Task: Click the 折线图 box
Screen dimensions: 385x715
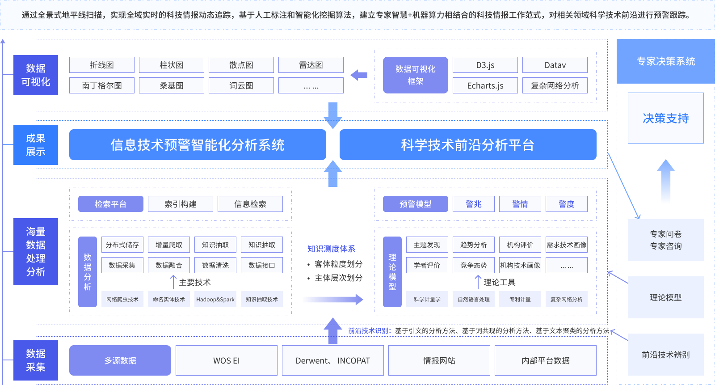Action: pyautogui.click(x=102, y=65)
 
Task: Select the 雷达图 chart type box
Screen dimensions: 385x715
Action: pyautogui.click(x=311, y=65)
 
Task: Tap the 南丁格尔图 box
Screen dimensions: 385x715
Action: pyautogui.click(x=102, y=85)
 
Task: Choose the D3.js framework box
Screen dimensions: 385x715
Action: pyautogui.click(x=485, y=65)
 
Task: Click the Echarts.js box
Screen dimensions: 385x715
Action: pyautogui.click(x=485, y=85)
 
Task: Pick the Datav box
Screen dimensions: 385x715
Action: pyautogui.click(x=555, y=65)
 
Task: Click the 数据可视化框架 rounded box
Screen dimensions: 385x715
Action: pyautogui.click(x=416, y=75)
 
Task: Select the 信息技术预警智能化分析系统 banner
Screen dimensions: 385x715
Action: pyautogui.click(x=198, y=145)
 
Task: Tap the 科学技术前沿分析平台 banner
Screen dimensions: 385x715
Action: pyautogui.click(x=468, y=145)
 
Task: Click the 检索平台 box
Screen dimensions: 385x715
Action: pyautogui.click(x=111, y=204)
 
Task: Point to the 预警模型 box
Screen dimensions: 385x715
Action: pyautogui.click(x=416, y=204)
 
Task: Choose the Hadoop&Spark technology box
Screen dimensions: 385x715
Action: pyautogui.click(x=215, y=299)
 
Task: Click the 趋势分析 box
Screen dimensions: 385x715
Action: pyautogui.click(x=474, y=245)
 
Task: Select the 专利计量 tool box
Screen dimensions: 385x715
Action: pyautogui.click(x=520, y=299)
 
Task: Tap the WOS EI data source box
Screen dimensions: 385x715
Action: pyautogui.click(x=227, y=360)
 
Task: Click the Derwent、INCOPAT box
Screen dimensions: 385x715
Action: pyautogui.click(x=333, y=360)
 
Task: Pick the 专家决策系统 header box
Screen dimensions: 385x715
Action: pyautogui.click(x=666, y=61)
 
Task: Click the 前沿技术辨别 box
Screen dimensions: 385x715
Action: pyautogui.click(x=666, y=355)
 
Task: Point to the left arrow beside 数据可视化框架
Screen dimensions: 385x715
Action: pyautogui.click(x=359, y=75)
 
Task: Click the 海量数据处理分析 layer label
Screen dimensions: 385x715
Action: pyautogui.click(x=36, y=252)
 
